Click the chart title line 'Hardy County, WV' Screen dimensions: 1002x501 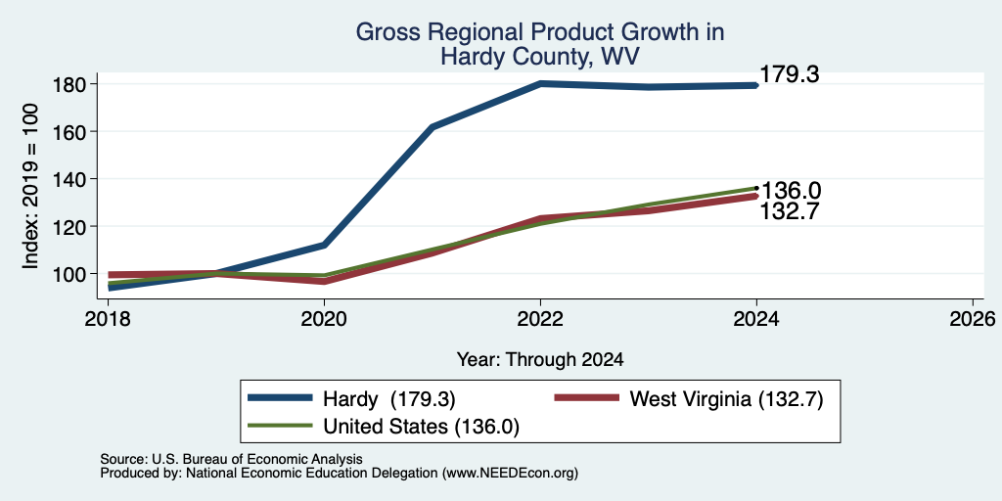(x=540, y=57)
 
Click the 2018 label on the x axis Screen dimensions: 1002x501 (x=108, y=318)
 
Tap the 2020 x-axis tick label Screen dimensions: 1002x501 (x=325, y=318)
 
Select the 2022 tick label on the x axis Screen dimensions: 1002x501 (x=540, y=318)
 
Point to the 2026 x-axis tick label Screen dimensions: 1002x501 (x=973, y=318)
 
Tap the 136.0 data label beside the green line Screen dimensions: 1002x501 (x=790, y=191)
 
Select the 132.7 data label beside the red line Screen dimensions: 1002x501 (x=790, y=211)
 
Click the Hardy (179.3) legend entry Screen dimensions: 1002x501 (x=352, y=399)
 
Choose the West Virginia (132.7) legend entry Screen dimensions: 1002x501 (x=689, y=399)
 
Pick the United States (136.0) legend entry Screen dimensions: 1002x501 (x=384, y=427)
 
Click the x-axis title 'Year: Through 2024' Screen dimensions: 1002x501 (x=540, y=360)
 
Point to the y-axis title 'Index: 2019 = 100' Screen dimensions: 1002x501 (x=31, y=186)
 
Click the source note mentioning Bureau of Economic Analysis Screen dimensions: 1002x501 (x=231, y=459)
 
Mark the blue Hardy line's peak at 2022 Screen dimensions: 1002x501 (x=540, y=83)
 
